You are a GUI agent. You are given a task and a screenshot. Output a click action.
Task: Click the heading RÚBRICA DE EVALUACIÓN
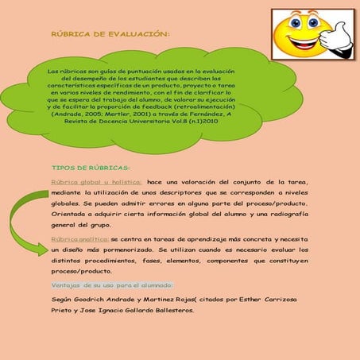(110, 33)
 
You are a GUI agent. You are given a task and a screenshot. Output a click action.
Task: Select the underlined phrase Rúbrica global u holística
(96, 181)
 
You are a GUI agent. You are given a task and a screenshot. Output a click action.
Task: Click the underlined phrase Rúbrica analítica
(79, 238)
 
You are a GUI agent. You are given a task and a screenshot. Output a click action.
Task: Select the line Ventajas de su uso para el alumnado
(111, 285)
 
